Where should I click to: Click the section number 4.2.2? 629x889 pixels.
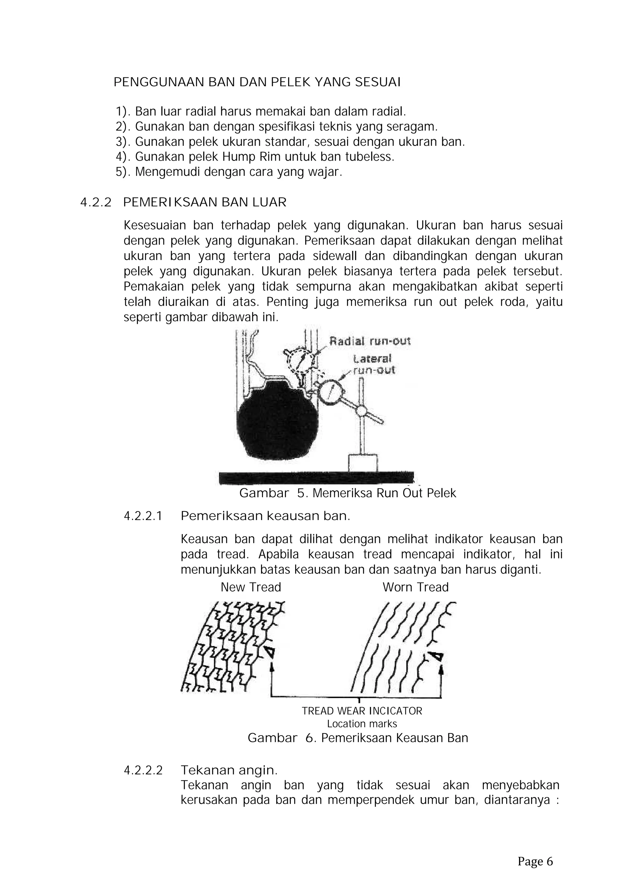[x=96, y=203]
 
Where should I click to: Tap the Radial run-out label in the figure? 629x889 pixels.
[x=369, y=341]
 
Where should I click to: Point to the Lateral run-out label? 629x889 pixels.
[x=373, y=364]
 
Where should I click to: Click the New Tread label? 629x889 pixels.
[x=251, y=587]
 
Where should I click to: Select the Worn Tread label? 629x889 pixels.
[x=415, y=587]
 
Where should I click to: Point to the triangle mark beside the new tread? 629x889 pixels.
[x=270, y=652]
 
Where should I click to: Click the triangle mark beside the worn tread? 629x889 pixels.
[x=437, y=656]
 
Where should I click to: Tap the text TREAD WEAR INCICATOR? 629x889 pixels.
[x=362, y=711]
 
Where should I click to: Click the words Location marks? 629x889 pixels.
[x=362, y=724]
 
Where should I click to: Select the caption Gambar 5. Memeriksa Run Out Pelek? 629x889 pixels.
[x=347, y=493]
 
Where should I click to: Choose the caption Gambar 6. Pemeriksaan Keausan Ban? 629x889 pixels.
[x=357, y=738]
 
